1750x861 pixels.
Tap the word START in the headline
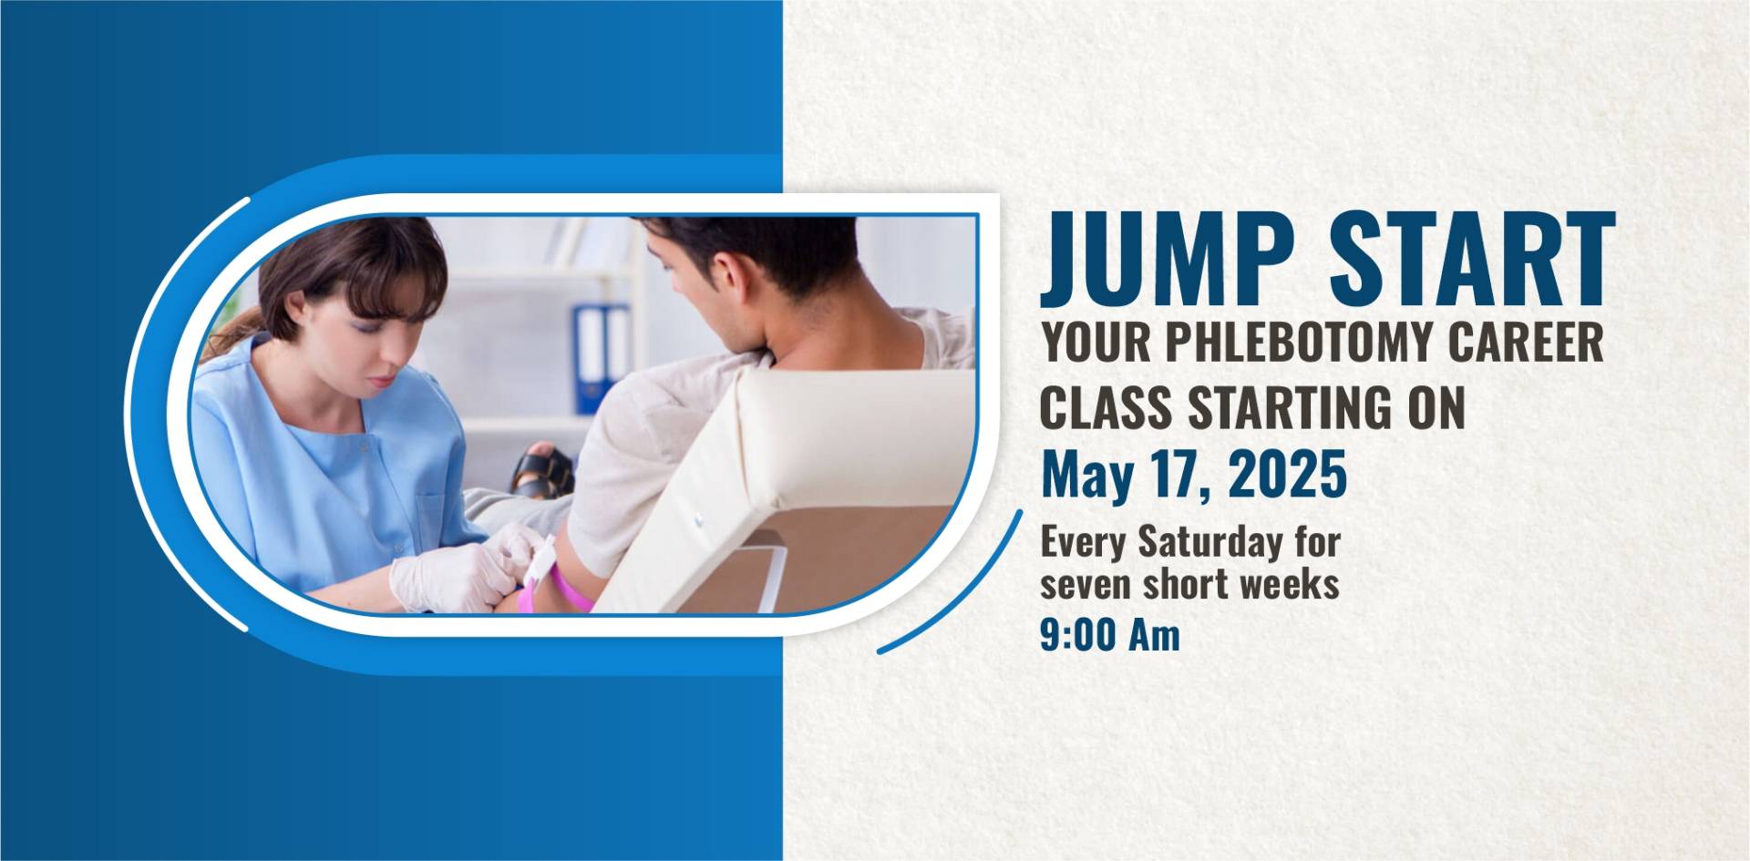point(1471,258)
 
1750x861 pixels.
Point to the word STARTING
point(1288,409)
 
